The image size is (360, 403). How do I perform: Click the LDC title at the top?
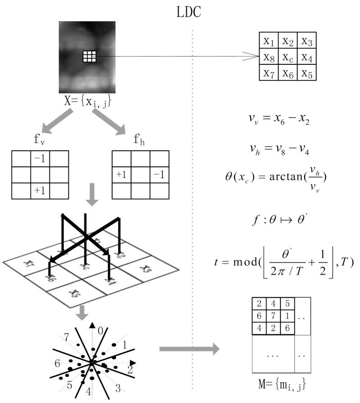point(189,12)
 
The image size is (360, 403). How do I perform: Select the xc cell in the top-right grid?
point(288,57)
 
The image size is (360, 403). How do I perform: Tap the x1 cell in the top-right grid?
point(269,41)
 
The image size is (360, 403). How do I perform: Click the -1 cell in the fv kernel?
point(40,159)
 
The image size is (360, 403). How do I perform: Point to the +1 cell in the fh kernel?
point(121,174)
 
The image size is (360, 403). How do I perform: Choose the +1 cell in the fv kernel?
point(40,191)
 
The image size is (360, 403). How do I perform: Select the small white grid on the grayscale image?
point(90,56)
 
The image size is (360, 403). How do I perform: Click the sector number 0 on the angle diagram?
point(102,331)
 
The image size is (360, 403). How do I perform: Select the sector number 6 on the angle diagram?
point(58,363)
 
